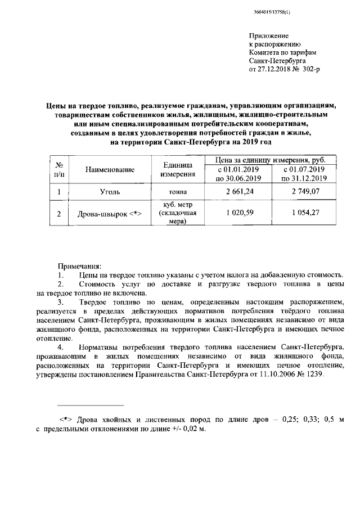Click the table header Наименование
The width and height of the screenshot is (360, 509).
coord(110,169)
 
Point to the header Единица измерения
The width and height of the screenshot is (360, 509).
coord(178,169)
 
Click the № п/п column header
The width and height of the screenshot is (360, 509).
coord(59,169)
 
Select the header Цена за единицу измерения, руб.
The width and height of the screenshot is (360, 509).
coord(271,160)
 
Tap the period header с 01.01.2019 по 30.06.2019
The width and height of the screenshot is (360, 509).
coord(238,174)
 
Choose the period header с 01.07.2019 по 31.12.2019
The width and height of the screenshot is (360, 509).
coord(304,174)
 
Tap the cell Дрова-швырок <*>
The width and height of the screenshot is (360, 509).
coord(110,214)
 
